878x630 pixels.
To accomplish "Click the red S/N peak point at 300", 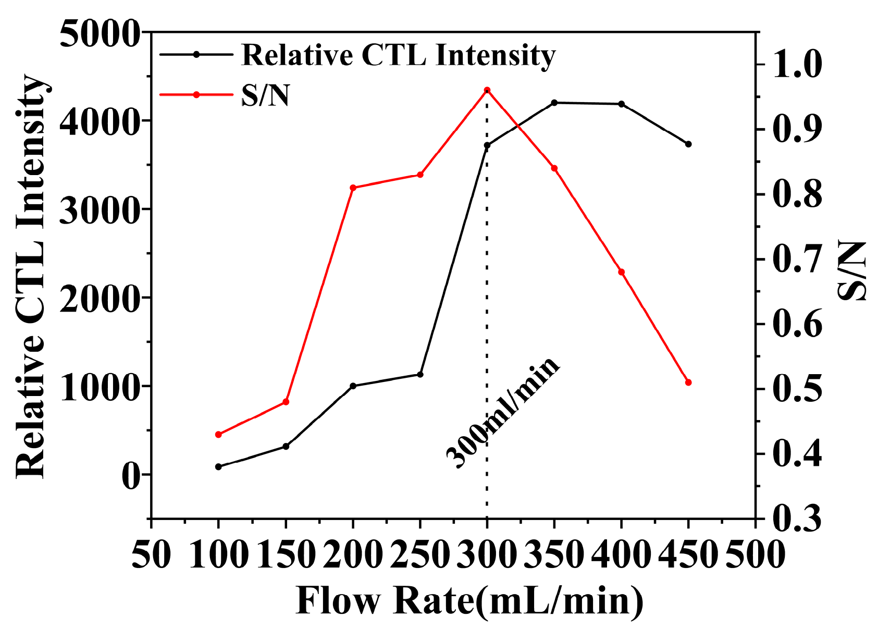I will click(x=487, y=90).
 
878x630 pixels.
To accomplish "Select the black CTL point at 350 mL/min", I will click(x=554, y=103).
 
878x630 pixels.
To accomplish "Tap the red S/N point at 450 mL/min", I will click(x=688, y=382).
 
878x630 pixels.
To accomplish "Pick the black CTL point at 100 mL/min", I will click(x=218, y=467).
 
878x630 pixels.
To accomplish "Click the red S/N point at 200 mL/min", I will click(x=353, y=188).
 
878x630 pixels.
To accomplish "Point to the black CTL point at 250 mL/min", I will click(x=420, y=375).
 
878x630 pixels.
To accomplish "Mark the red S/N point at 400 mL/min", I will click(x=621, y=272).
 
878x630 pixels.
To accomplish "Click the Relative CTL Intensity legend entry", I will click(x=399, y=55).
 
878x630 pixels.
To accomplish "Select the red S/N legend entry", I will click(x=265, y=95).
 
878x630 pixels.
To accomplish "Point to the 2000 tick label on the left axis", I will click(x=100, y=298).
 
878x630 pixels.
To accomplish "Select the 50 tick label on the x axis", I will click(x=151, y=554).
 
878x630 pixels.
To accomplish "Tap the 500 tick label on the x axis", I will click(x=756, y=554).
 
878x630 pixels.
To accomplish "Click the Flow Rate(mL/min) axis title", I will click(x=469, y=601).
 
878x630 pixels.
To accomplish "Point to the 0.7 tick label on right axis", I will click(x=797, y=260).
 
